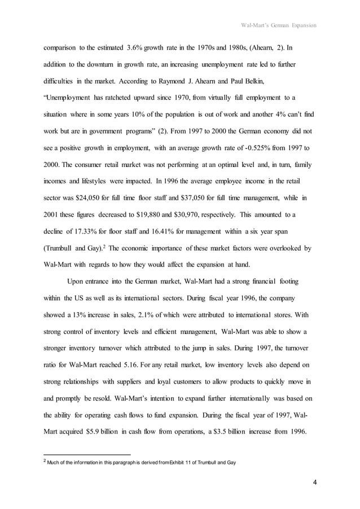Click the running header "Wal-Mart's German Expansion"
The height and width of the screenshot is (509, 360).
[x=278, y=25]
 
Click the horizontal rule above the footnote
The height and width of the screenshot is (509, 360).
[x=87, y=454]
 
